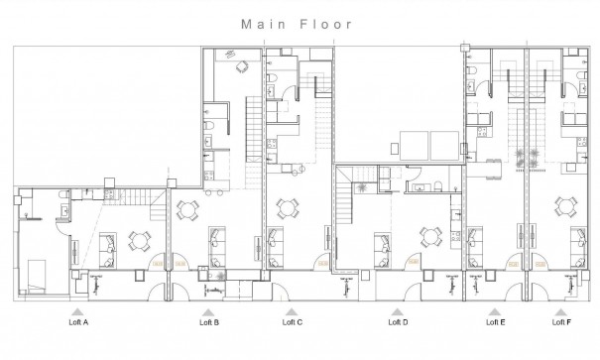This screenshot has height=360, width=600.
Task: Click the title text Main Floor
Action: pyautogui.click(x=299, y=21)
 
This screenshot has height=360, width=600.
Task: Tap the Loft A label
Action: pyautogui.click(x=78, y=322)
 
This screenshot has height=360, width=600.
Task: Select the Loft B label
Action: pyautogui.click(x=209, y=322)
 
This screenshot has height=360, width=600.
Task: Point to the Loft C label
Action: pyautogui.click(x=293, y=322)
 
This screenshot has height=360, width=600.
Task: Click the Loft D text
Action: pyautogui.click(x=398, y=322)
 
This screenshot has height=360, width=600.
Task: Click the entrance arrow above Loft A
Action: pyautogui.click(x=78, y=309)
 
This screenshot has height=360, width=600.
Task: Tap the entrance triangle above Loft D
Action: pyautogui.click(x=398, y=309)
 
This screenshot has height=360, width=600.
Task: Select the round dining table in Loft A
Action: pyautogui.click(x=138, y=240)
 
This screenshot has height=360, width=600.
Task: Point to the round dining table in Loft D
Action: pyautogui.click(x=431, y=237)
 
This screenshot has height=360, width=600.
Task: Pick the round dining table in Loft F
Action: pyautogui.click(x=566, y=207)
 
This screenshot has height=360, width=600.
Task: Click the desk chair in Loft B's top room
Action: pyautogui.click(x=241, y=67)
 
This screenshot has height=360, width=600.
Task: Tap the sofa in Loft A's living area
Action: pyautogui.click(x=106, y=243)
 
